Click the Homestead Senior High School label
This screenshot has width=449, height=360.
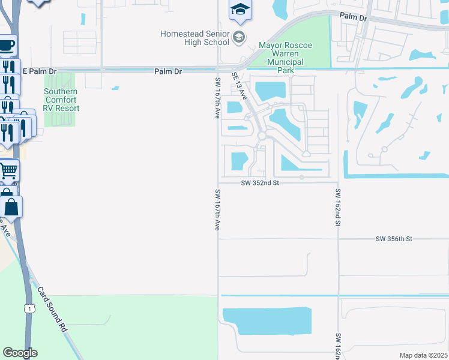[x=195, y=38]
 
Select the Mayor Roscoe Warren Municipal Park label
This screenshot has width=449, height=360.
[x=281, y=58]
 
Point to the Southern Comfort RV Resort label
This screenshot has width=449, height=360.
[x=61, y=100]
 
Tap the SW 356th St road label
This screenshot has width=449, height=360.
[x=394, y=239]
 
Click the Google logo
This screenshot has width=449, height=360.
[x=20, y=353]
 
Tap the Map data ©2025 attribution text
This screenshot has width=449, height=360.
[x=423, y=355]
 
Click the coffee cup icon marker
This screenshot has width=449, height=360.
[x=7, y=46]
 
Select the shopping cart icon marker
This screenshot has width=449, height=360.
[x=8, y=171]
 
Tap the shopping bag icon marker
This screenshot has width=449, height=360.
[x=11, y=208]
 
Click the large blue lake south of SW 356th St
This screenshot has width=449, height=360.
[x=267, y=322]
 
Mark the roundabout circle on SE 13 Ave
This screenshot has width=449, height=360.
[x=261, y=136]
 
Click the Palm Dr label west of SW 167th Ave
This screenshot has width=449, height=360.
[x=167, y=71]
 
